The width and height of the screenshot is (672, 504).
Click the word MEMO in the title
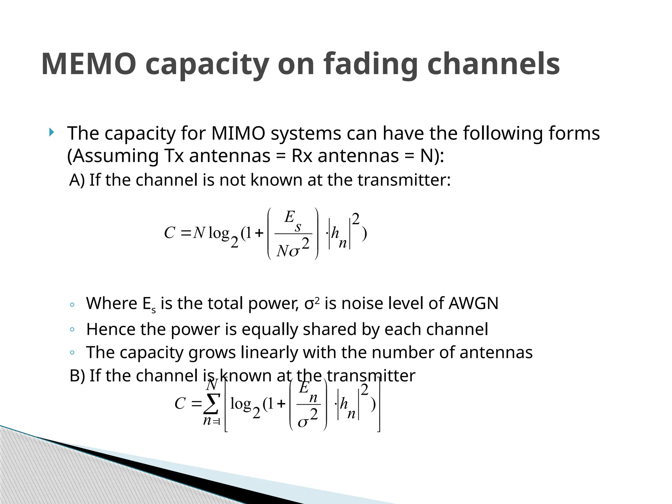coord(89,64)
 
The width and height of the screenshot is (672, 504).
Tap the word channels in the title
coord(493,64)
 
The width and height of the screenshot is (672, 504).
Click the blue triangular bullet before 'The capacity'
coord(51,133)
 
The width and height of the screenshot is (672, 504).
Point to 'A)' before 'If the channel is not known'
coord(77,180)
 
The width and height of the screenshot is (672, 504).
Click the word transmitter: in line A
coord(404,180)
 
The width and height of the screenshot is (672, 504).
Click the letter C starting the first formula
coord(169,233)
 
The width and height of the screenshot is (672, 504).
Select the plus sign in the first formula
coord(259,233)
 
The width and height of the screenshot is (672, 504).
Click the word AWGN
coord(473,303)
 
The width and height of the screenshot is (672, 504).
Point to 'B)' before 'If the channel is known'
coord(77,376)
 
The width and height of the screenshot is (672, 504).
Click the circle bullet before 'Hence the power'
coord(72,329)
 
